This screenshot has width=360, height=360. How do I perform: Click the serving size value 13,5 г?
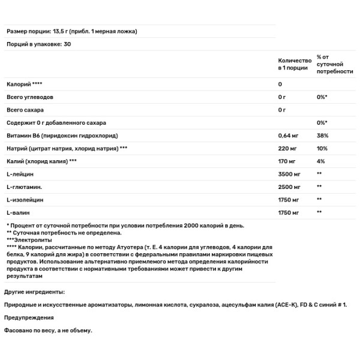[61, 32]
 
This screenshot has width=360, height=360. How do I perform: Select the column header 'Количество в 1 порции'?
[295, 65]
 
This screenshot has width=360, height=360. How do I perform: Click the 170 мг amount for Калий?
[287, 161]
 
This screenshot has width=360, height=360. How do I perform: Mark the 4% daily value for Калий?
[321, 161]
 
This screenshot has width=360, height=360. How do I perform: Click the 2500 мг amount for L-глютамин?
[290, 187]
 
